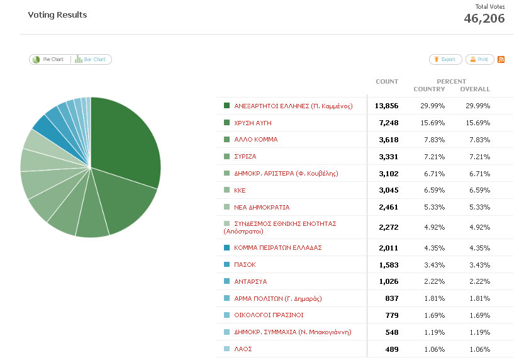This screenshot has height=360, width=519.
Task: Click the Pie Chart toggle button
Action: point(49,59)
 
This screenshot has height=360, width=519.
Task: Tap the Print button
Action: point(479,59)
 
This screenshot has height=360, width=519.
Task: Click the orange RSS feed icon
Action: point(501,59)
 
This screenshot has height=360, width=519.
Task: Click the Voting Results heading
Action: point(57,14)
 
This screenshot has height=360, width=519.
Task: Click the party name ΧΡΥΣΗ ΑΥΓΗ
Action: point(252,123)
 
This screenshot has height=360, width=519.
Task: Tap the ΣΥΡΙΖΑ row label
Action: point(245,156)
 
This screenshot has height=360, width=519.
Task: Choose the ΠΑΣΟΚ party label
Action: point(245,265)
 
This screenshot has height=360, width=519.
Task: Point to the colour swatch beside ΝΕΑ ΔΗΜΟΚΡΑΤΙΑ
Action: point(226,207)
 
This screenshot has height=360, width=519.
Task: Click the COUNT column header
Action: point(387,81)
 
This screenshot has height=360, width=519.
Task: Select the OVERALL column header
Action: point(475,89)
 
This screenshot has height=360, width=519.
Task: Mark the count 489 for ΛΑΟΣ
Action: point(391,349)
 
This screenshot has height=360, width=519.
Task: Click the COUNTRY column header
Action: point(429,89)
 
